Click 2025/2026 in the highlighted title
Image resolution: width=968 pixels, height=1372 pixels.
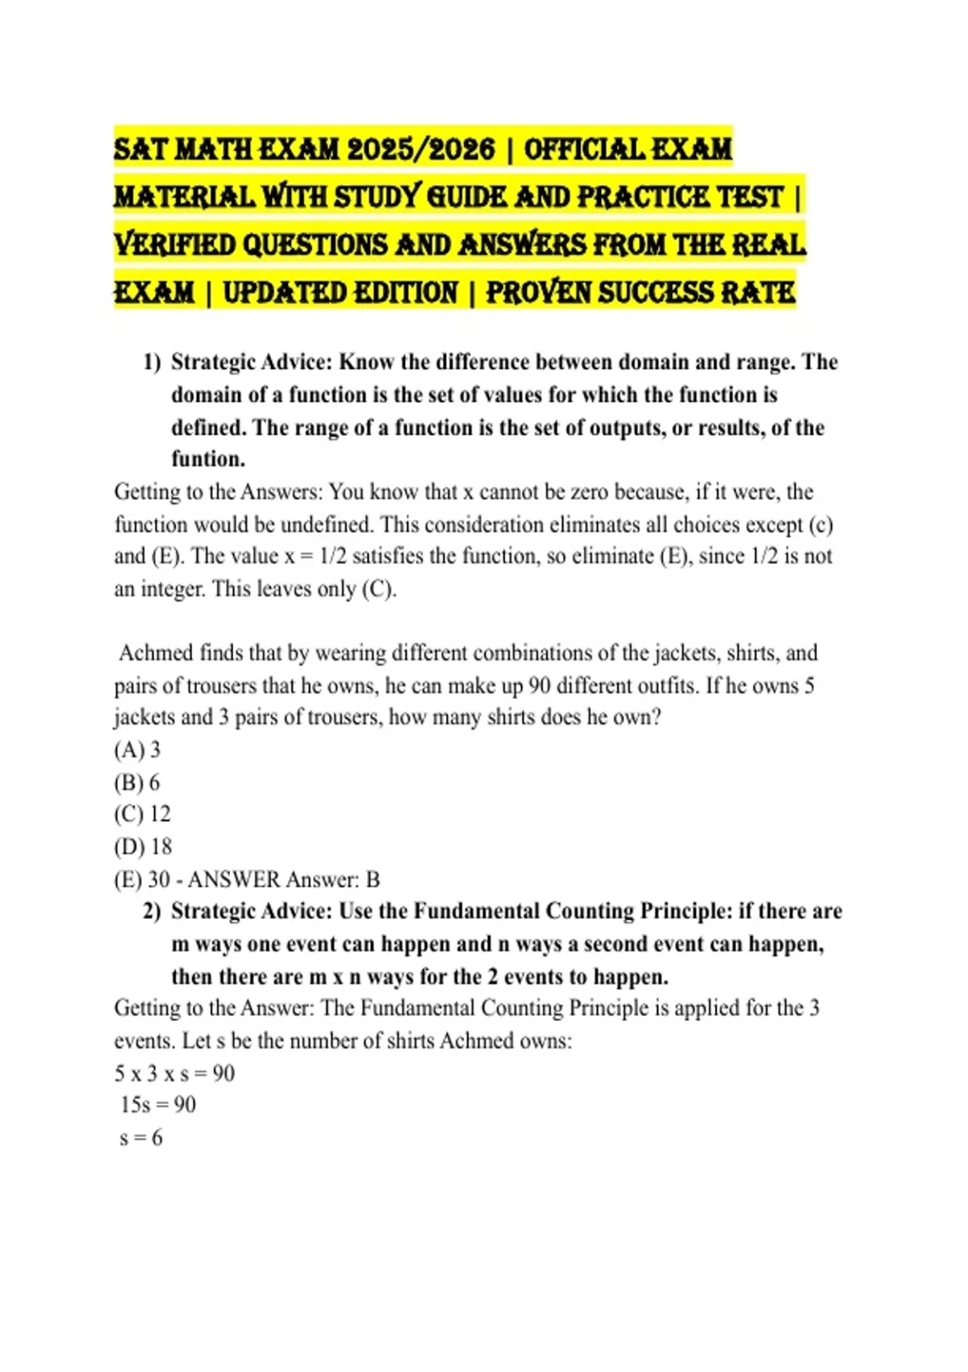tap(420, 149)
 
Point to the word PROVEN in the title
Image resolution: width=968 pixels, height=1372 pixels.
tap(538, 292)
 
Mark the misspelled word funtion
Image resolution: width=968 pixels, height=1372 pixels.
tap(207, 459)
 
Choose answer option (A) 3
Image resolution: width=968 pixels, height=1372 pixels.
tap(137, 750)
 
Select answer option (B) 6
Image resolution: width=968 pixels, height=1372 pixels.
tap(137, 782)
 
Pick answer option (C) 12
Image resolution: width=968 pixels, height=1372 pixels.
tap(142, 814)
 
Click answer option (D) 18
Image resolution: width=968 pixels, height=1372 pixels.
tap(143, 847)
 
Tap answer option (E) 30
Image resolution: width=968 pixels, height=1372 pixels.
tap(142, 879)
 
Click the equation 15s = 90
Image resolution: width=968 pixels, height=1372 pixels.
tap(158, 1105)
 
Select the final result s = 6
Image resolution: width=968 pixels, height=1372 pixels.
tap(141, 1138)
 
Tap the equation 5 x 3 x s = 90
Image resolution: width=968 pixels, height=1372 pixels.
tap(174, 1073)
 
